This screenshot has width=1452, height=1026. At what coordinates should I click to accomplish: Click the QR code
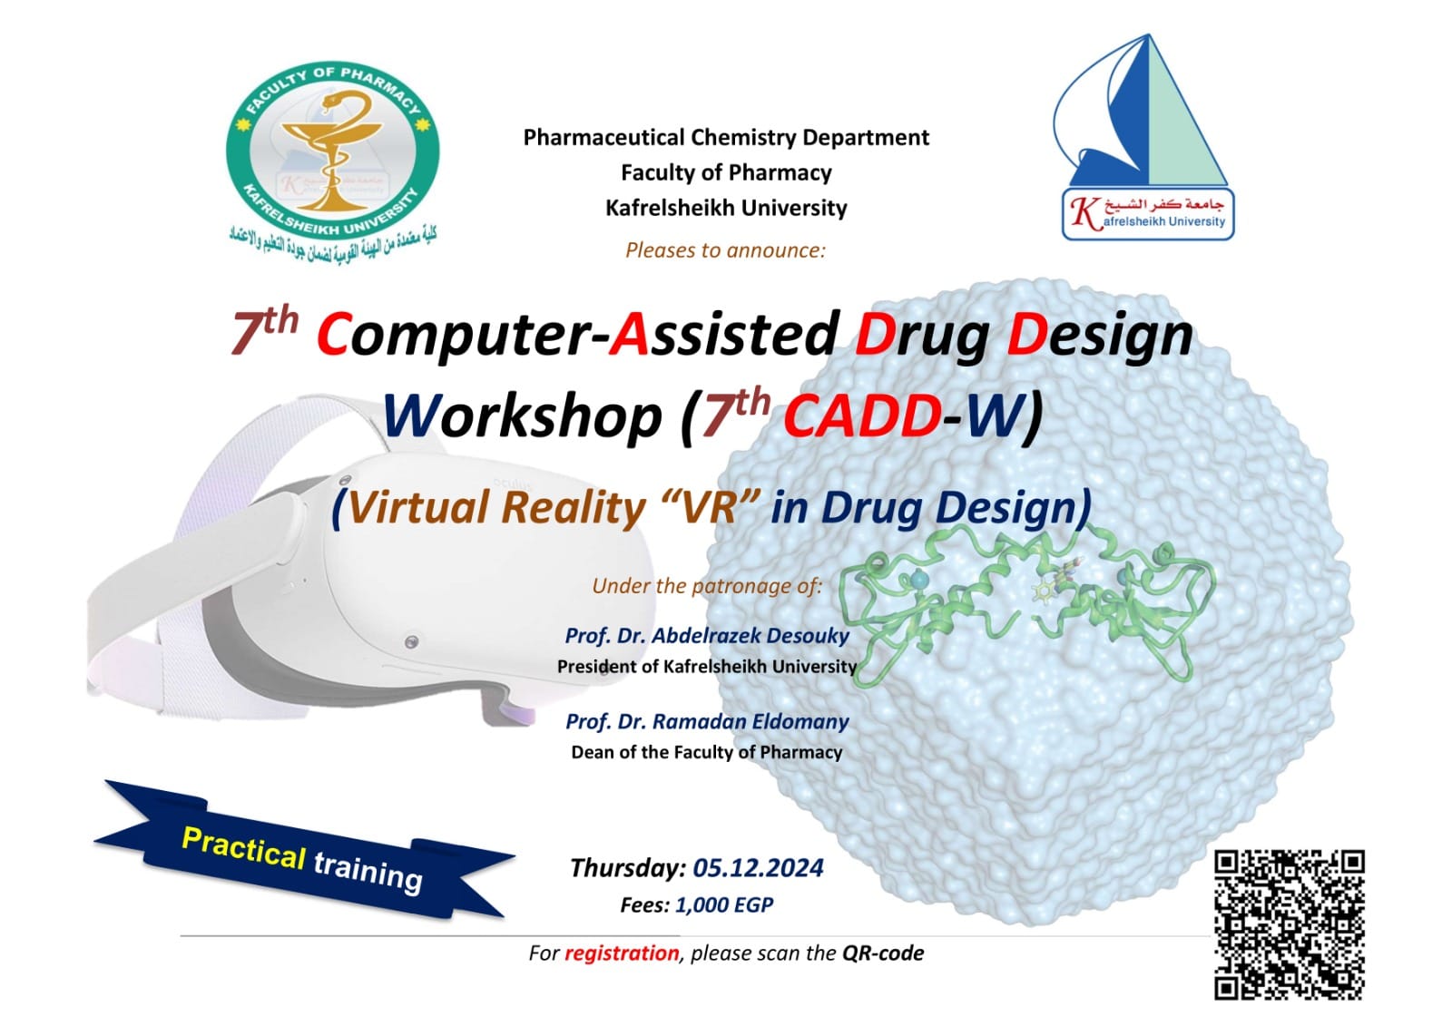point(1290,925)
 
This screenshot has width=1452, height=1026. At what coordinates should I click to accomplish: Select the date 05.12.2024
point(758,867)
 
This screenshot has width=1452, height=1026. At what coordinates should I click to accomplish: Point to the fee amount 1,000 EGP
point(724,904)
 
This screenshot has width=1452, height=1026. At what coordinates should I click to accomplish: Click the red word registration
point(622,953)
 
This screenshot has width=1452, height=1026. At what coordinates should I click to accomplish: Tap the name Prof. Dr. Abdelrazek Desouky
point(707,635)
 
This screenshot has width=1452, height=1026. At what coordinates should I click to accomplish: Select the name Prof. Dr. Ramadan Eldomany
point(707,721)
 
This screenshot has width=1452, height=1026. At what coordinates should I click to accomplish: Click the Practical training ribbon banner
point(303,850)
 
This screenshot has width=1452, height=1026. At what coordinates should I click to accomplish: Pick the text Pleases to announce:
point(725,250)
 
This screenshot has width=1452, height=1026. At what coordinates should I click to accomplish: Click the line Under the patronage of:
point(707,586)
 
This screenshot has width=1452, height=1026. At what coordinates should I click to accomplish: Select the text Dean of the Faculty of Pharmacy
point(707,752)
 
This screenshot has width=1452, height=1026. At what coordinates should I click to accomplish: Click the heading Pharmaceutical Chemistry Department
point(726,137)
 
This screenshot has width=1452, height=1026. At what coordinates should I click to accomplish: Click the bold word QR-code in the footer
point(883,953)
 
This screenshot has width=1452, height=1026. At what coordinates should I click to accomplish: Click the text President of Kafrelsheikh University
point(707,666)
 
